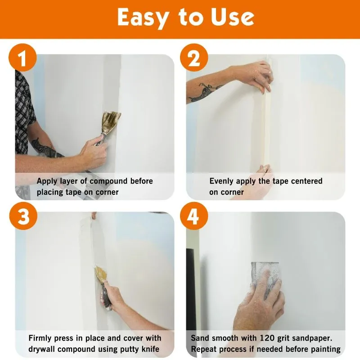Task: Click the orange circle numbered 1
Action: (22, 58)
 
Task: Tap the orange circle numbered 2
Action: (194, 58)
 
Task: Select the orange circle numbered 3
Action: (23, 216)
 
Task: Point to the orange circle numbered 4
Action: (194, 216)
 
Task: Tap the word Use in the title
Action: (233, 17)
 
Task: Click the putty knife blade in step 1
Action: (111, 122)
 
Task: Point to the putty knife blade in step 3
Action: (101, 274)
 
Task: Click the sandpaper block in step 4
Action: (265, 279)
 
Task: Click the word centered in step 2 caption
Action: (306, 181)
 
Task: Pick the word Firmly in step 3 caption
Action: (40, 338)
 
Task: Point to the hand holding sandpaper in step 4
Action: (259, 303)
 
